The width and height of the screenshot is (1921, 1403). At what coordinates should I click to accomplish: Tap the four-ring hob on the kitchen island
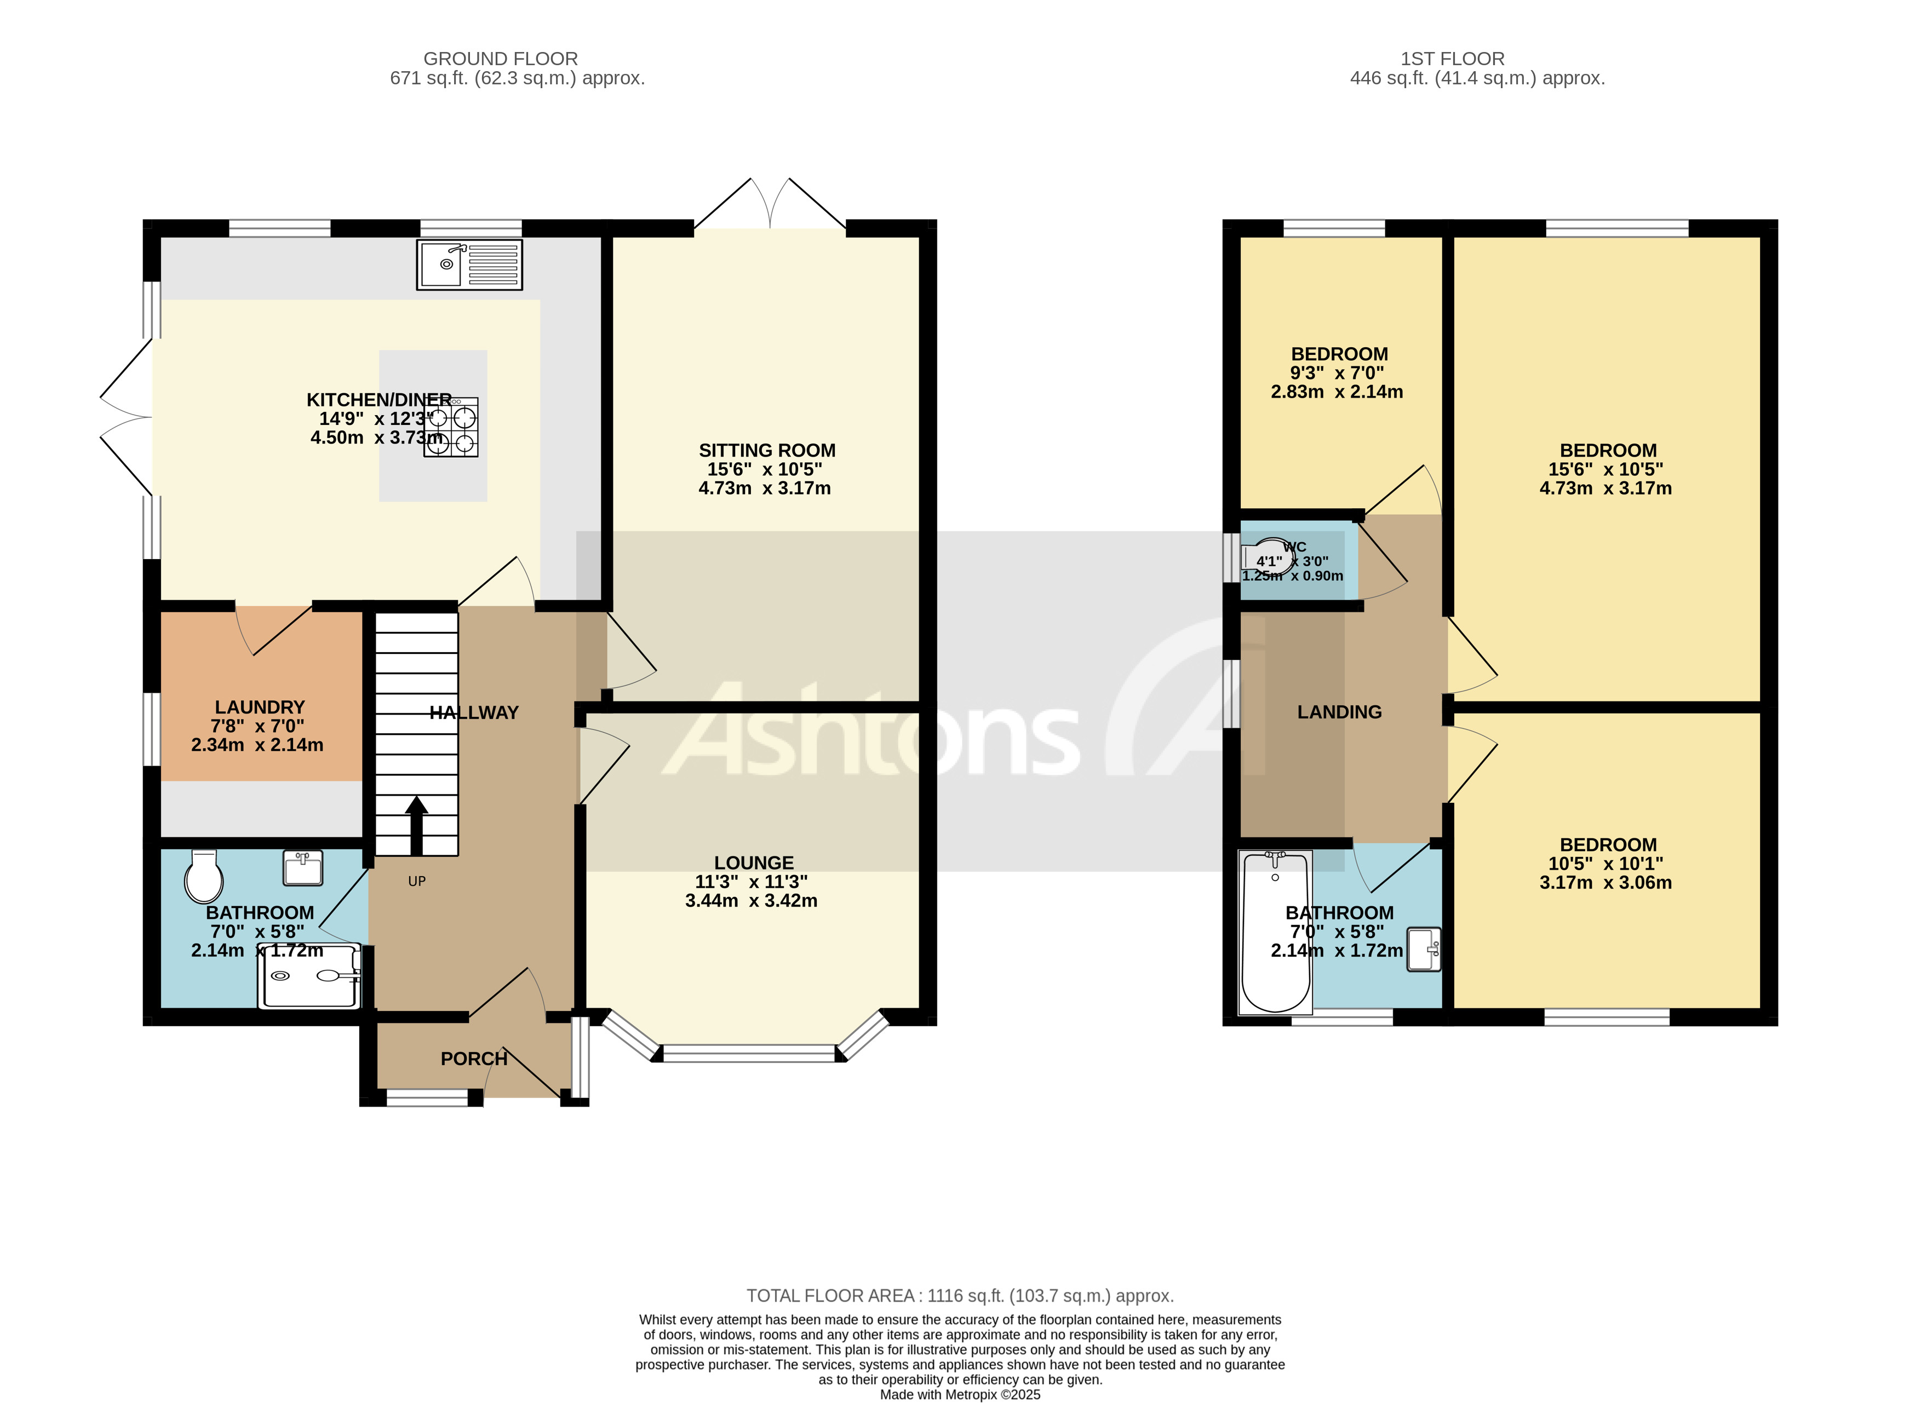coord(451,428)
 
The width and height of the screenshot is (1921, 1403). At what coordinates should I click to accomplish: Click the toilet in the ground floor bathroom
coord(203,877)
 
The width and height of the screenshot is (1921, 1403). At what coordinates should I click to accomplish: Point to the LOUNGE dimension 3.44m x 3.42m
coord(751,901)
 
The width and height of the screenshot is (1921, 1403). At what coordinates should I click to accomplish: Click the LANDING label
coord(1339,712)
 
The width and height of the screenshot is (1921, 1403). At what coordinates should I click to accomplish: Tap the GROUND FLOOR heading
coord(500,59)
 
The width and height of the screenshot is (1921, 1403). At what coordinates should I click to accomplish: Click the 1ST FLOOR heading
coord(1452,59)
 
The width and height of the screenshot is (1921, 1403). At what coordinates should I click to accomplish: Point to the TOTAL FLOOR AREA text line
coord(960,1296)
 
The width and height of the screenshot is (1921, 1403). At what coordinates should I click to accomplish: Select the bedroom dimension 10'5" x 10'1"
coord(1605,864)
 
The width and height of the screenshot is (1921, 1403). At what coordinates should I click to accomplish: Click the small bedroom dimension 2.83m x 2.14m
coord(1337,392)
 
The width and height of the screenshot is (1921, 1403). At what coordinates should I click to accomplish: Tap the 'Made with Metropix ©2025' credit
coord(960,1394)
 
